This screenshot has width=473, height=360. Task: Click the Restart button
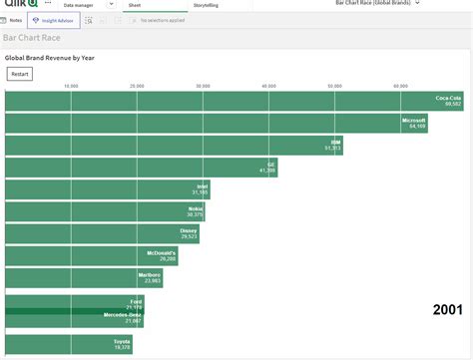tap(19, 74)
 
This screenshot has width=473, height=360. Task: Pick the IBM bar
tap(175, 146)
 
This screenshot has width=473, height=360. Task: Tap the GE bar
tap(141, 168)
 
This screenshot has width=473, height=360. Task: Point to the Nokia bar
tap(105, 211)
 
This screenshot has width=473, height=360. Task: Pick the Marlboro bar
tap(84, 278)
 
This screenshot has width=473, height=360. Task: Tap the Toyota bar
tap(68, 345)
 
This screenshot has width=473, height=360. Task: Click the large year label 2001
tap(447, 310)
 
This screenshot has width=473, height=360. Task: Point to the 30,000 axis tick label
tap(203, 87)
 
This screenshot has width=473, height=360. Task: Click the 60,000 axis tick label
tap(400, 87)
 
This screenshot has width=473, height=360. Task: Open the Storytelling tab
tap(206, 5)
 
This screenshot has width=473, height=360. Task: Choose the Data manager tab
tap(81, 5)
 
